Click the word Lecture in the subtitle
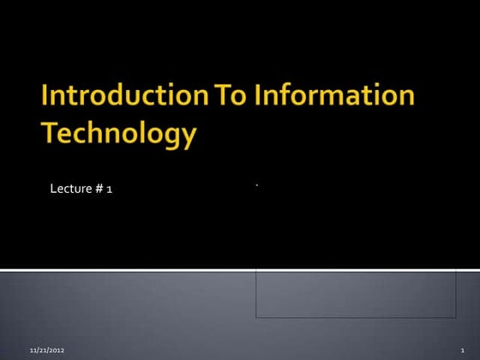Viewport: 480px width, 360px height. [72, 189]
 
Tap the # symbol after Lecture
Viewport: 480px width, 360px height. [100, 189]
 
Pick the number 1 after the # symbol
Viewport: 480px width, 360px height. [110, 189]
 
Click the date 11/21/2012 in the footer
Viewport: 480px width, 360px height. [47, 351]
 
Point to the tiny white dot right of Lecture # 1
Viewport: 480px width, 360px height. [256, 183]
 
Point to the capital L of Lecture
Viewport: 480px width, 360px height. [52, 189]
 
